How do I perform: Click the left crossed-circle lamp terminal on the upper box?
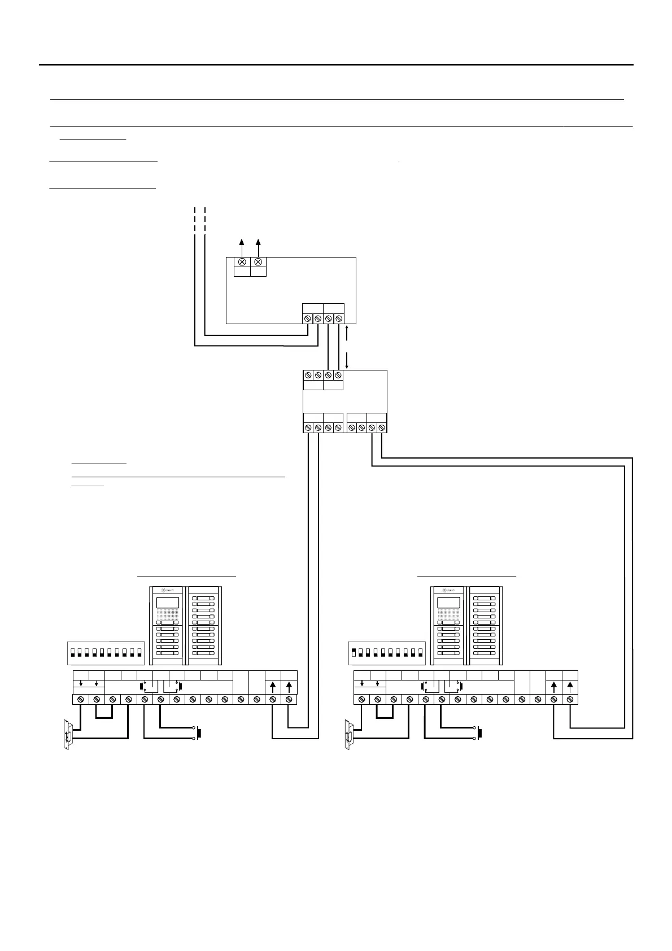pyautogui.click(x=242, y=262)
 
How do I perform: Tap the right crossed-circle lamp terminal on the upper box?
pyautogui.click(x=259, y=262)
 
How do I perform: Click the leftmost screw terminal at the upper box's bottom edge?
pyautogui.click(x=308, y=319)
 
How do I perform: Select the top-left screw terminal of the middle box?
pyautogui.click(x=308, y=375)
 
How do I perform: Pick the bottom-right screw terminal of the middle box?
pyautogui.click(x=382, y=428)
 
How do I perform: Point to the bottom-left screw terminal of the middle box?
pyautogui.click(x=308, y=428)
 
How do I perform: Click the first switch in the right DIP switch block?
pyautogui.click(x=354, y=653)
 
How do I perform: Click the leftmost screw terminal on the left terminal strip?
pyautogui.click(x=81, y=700)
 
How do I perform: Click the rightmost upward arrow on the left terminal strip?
pyautogui.click(x=289, y=687)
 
